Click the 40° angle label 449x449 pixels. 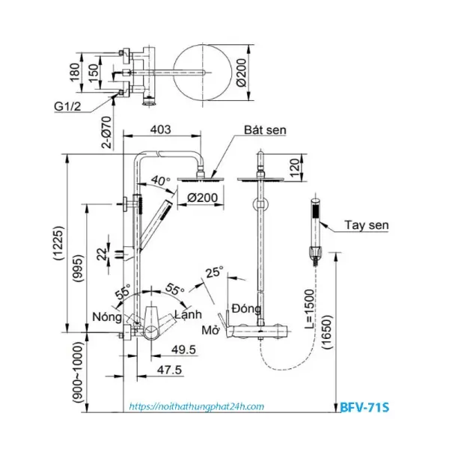tap(159, 180)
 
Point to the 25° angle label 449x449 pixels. tap(215, 273)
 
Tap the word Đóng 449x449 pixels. tap(245, 308)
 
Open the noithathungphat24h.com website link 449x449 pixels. tap(197, 406)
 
